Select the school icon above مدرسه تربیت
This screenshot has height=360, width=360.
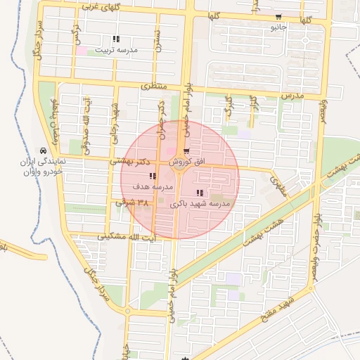pyautogui.click(x=116, y=39)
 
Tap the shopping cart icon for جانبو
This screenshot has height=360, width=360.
pyautogui.click(x=279, y=17)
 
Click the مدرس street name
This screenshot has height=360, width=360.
pyautogui.click(x=290, y=94)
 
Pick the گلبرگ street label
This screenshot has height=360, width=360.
pyautogui.click(x=228, y=105)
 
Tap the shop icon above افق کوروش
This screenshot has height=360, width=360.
pyautogui.click(x=186, y=151)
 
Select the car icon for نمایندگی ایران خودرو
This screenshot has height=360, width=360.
pyautogui.click(x=44, y=151)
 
